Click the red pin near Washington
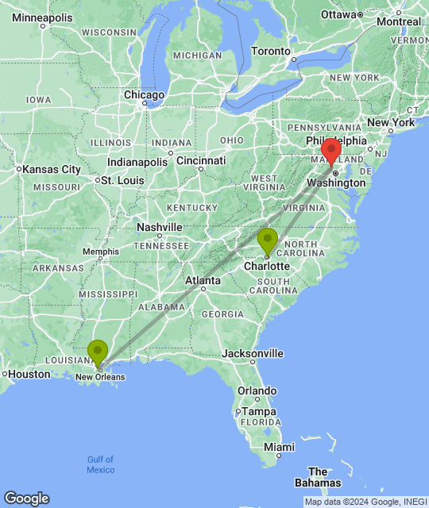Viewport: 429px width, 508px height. [331, 151]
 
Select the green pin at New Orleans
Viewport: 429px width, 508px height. [98, 352]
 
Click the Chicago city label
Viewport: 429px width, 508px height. [144, 95]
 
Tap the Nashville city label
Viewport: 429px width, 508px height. [159, 226]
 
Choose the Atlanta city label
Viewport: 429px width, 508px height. [203, 280]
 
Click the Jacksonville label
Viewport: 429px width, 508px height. [253, 353]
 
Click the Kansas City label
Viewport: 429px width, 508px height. [52, 169]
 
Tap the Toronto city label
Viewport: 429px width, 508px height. [271, 51]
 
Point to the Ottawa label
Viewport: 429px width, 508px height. [339, 14]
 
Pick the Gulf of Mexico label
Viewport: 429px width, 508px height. [100, 464]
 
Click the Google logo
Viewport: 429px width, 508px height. [25, 498]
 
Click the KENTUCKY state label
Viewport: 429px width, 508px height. [191, 207]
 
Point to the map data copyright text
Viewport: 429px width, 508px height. [365, 501]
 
